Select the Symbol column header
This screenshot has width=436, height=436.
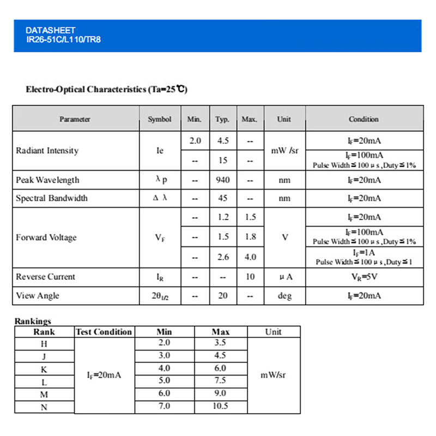point(159,119)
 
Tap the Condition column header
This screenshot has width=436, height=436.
point(364,119)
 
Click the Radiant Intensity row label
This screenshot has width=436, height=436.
point(47,150)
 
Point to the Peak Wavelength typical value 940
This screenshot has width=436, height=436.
point(223,180)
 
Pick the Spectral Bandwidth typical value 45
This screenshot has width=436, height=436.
point(223,198)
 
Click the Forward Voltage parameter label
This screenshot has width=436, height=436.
point(46,238)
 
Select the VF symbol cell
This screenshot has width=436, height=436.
point(159,238)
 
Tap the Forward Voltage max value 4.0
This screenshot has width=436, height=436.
point(250,257)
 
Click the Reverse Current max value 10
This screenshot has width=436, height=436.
point(250,277)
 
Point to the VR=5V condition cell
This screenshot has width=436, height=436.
point(364,277)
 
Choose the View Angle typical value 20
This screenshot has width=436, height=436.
point(223,296)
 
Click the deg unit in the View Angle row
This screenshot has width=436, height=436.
point(284,296)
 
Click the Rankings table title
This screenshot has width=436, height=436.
point(33,322)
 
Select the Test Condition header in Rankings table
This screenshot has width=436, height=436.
point(104,332)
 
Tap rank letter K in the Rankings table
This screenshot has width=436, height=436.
point(44,369)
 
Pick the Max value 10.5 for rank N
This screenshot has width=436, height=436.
point(220,406)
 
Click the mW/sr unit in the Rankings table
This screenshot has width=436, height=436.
point(273,375)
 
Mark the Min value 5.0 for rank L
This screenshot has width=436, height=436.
point(164,380)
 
